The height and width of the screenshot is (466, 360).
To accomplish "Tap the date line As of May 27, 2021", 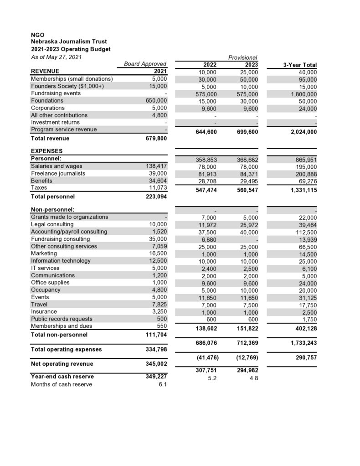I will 56,56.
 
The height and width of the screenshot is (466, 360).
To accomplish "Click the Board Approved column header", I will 145,64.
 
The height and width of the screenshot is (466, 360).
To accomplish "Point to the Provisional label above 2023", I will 243,57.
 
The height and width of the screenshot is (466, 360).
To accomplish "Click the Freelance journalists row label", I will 58,173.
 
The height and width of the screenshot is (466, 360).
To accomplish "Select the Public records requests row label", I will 62,319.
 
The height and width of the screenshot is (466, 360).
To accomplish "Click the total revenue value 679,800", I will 155,138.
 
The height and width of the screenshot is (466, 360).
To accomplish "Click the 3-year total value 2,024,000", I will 301,132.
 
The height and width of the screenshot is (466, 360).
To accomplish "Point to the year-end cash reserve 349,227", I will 155,377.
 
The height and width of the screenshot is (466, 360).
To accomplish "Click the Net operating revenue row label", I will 62,363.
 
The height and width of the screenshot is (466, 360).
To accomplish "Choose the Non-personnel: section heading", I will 52,209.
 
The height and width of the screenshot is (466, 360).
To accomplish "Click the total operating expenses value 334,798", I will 155,349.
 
